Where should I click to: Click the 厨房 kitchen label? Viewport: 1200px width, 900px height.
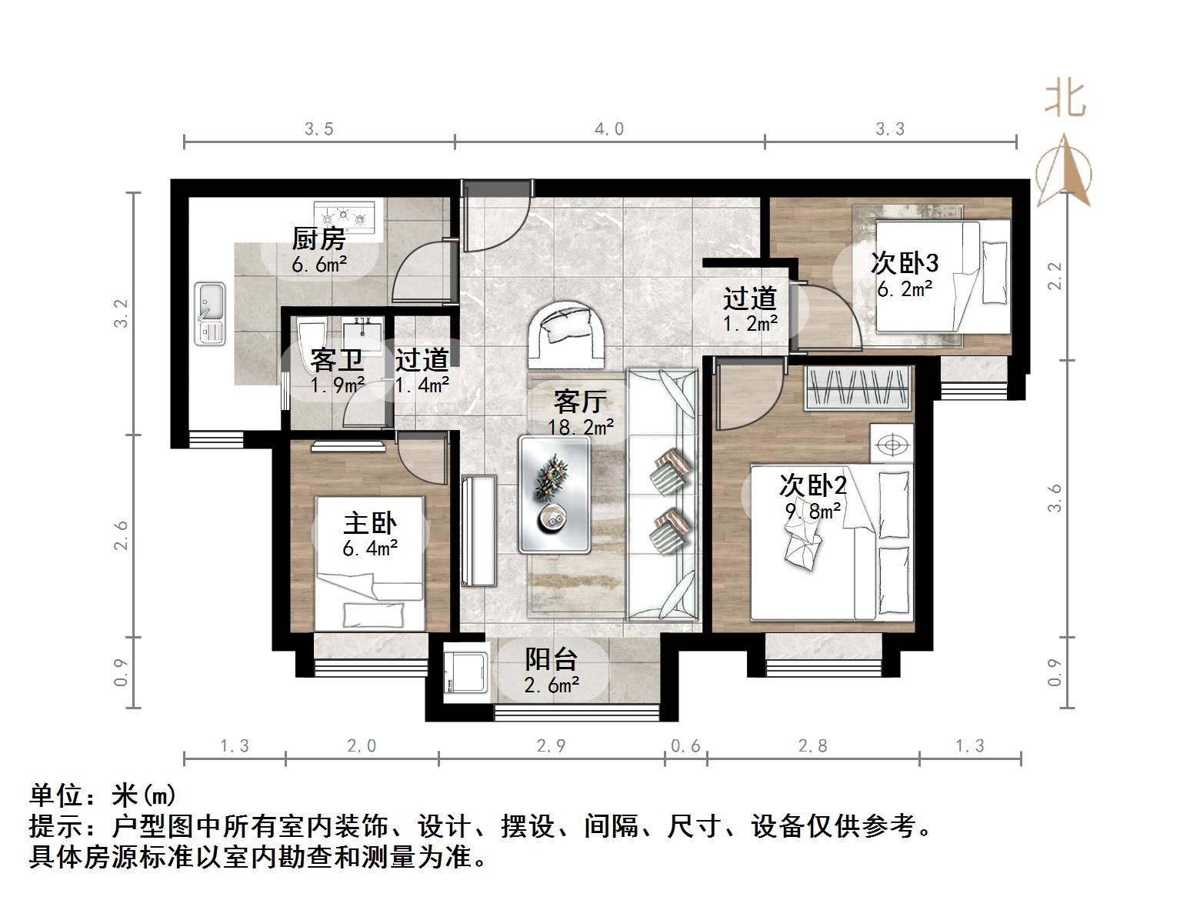pyautogui.click(x=318, y=239)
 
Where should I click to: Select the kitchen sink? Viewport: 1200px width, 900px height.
pyautogui.click(x=209, y=313)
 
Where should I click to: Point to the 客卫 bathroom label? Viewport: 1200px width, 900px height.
pyautogui.click(x=336, y=360)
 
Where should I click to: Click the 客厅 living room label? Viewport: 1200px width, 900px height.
pyautogui.click(x=580, y=402)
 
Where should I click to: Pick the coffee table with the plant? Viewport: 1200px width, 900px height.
pyautogui.click(x=554, y=494)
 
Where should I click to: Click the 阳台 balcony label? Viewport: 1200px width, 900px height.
pyautogui.click(x=551, y=659)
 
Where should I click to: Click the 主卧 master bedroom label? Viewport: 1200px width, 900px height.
pyautogui.click(x=369, y=524)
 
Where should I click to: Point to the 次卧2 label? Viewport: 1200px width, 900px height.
pyautogui.click(x=812, y=485)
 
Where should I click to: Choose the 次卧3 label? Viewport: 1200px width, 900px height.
pyautogui.click(x=904, y=264)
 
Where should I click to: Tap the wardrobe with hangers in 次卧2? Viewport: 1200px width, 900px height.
pyautogui.click(x=858, y=388)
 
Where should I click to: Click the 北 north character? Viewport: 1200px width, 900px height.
pyautogui.click(x=1065, y=99)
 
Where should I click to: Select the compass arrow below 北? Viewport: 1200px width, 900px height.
pyautogui.click(x=1064, y=171)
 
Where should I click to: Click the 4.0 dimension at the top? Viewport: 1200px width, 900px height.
pyautogui.click(x=608, y=129)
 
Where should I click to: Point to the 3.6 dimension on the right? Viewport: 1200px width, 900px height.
pyautogui.click(x=1055, y=498)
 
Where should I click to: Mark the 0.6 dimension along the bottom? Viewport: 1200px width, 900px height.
pyautogui.click(x=685, y=745)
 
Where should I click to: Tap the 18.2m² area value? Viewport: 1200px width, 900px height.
pyautogui.click(x=580, y=427)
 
